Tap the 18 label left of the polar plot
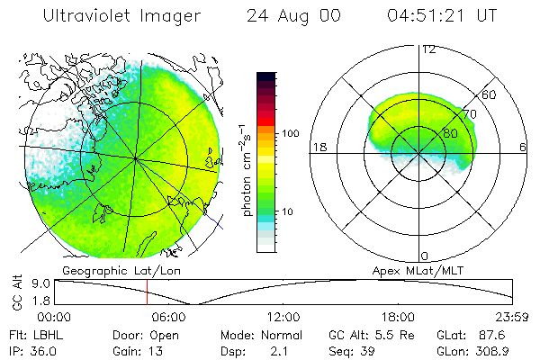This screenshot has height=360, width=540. (318, 148)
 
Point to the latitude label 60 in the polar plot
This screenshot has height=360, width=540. (490, 94)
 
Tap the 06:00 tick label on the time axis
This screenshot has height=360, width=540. (168, 317)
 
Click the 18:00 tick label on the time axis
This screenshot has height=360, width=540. (399, 317)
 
